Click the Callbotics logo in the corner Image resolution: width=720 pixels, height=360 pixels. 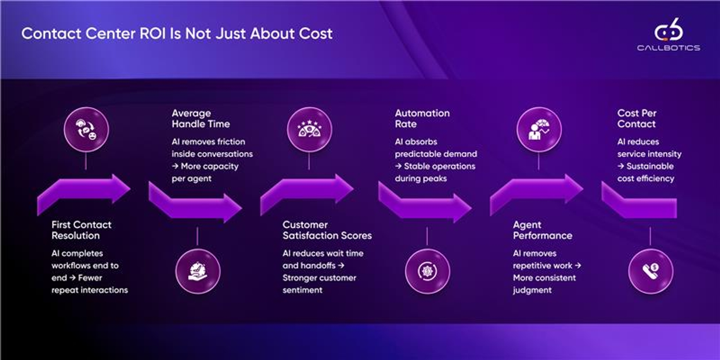coord(669,34)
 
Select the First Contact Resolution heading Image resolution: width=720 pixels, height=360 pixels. coord(81,230)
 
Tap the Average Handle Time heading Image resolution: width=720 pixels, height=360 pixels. coord(201,118)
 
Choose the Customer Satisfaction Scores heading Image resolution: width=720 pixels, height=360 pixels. coord(327,230)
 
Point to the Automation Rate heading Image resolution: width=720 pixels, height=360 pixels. coord(422,118)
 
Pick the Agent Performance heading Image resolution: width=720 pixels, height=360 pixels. coord(543,230)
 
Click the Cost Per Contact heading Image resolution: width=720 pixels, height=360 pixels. coord(637,118)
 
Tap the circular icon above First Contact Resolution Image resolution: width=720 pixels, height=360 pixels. coord(86,129)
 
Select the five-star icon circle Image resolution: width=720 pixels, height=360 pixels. coord(309,129)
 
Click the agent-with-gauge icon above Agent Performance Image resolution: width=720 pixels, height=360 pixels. coord(539,129)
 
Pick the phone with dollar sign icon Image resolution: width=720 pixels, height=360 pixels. coord(651,271)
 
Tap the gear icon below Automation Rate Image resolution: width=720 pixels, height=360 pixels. coord(427,271)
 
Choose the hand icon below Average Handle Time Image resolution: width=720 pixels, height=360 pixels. coord(198,271)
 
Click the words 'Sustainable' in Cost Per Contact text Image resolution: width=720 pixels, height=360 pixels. coord(650,166)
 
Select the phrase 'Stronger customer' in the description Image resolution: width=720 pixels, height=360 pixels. coord(319,278)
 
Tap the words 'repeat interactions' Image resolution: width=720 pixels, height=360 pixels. coord(90,290)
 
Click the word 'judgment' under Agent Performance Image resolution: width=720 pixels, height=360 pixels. coord(532,290)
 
